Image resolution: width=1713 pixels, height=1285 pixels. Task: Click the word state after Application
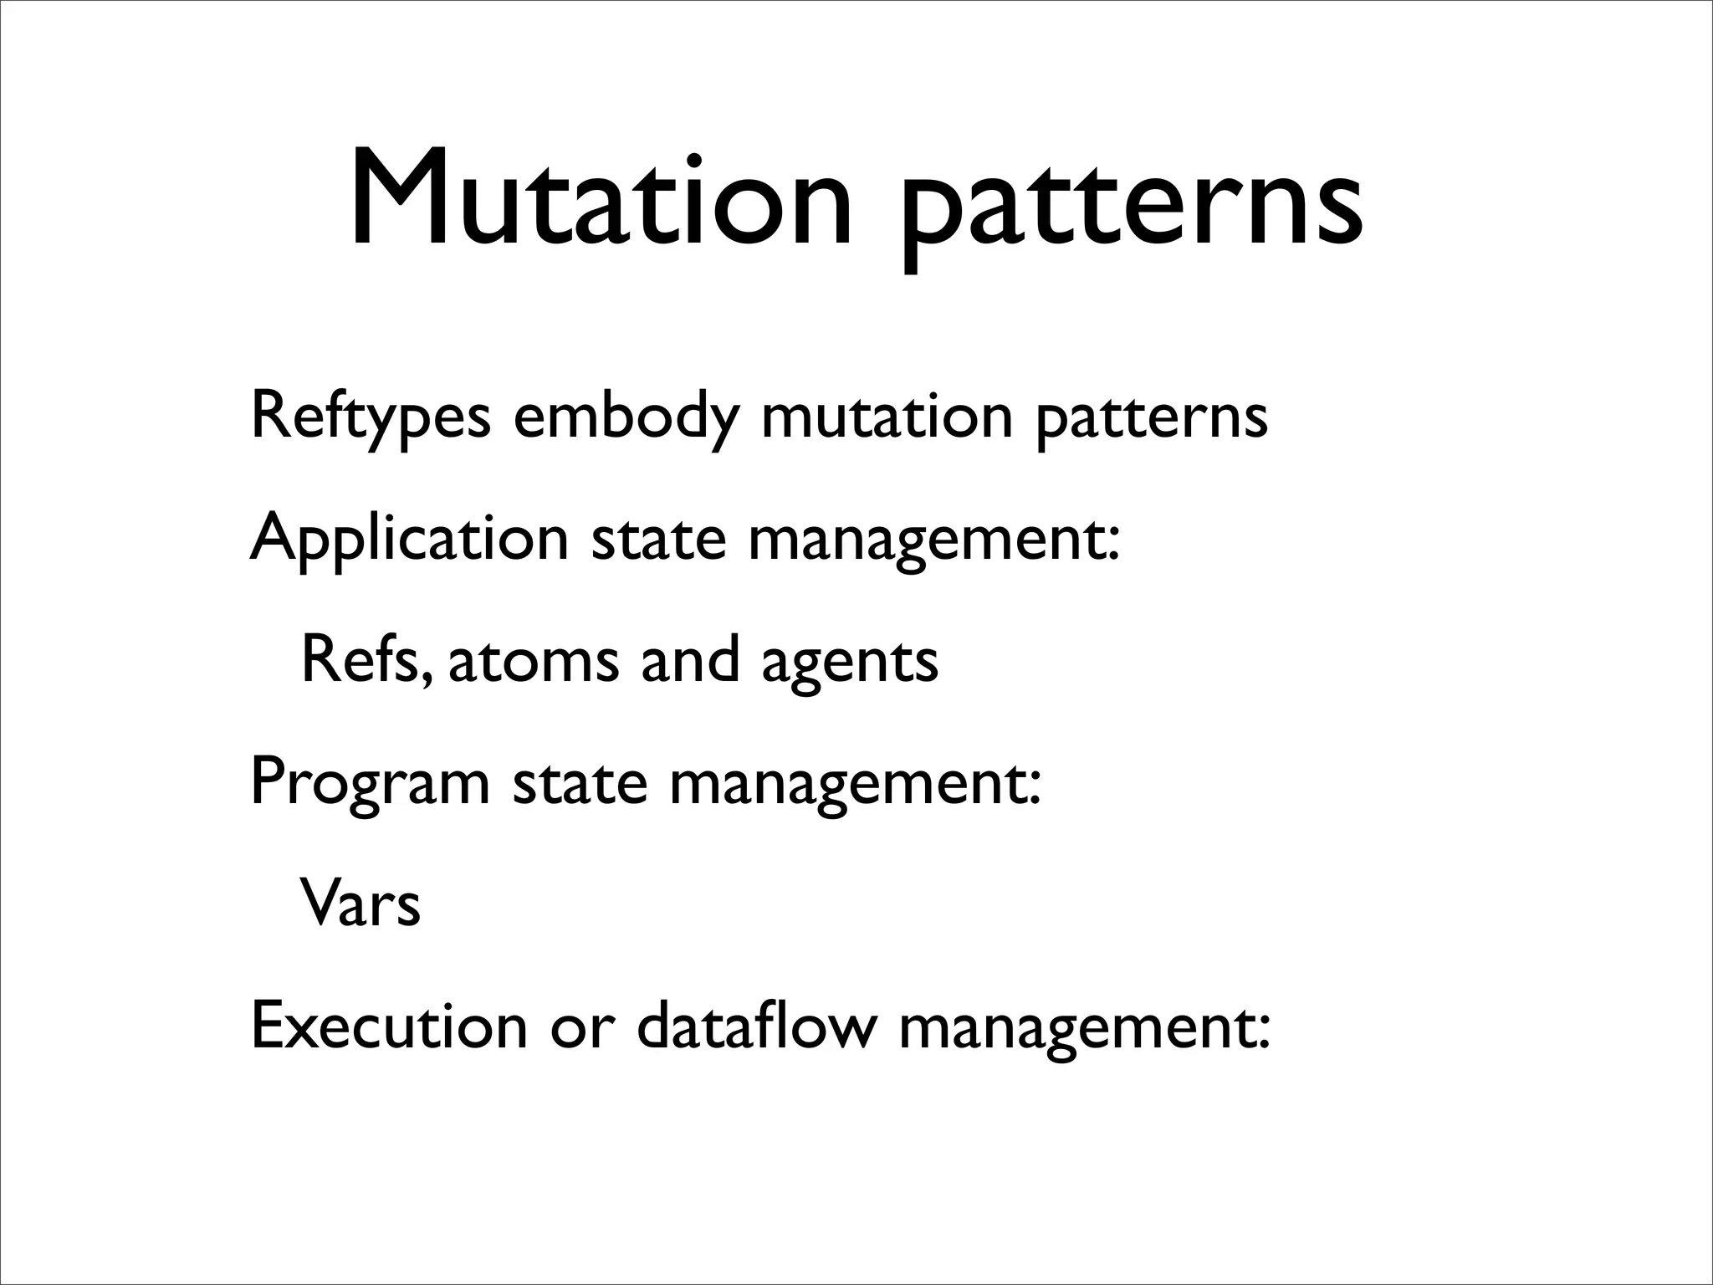pyautogui.click(x=658, y=538)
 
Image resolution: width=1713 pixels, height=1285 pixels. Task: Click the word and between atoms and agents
pyautogui.click(x=690, y=659)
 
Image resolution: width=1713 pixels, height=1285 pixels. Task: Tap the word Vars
pyautogui.click(x=360, y=904)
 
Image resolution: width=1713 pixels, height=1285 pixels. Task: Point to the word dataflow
pyautogui.click(x=757, y=1024)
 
